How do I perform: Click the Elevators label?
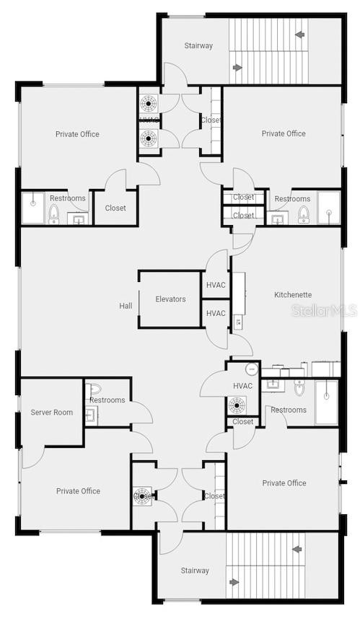coord(170,299)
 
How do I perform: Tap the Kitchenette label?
coord(293,294)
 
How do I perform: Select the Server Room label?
coord(51,413)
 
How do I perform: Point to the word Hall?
coord(126,306)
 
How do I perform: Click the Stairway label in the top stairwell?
coord(198,45)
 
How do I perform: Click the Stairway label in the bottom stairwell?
coord(195,571)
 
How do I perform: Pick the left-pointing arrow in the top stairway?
coord(299,34)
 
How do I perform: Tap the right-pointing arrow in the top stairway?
coord(238,68)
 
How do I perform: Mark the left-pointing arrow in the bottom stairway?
coord(297,549)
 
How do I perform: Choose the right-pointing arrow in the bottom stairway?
coord(234,582)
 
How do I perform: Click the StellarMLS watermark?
coord(324,311)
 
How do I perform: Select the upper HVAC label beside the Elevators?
coord(216,285)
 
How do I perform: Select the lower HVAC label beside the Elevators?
coord(216,313)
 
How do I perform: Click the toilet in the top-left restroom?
coord(53,214)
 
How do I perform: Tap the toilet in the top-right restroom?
coord(304,214)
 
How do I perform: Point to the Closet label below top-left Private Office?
coord(115,208)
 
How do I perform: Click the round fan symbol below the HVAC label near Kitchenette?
coord(237,405)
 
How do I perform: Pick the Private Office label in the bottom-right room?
coord(284,483)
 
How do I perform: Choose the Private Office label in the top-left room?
coord(77,134)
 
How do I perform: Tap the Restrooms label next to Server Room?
coord(107,400)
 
